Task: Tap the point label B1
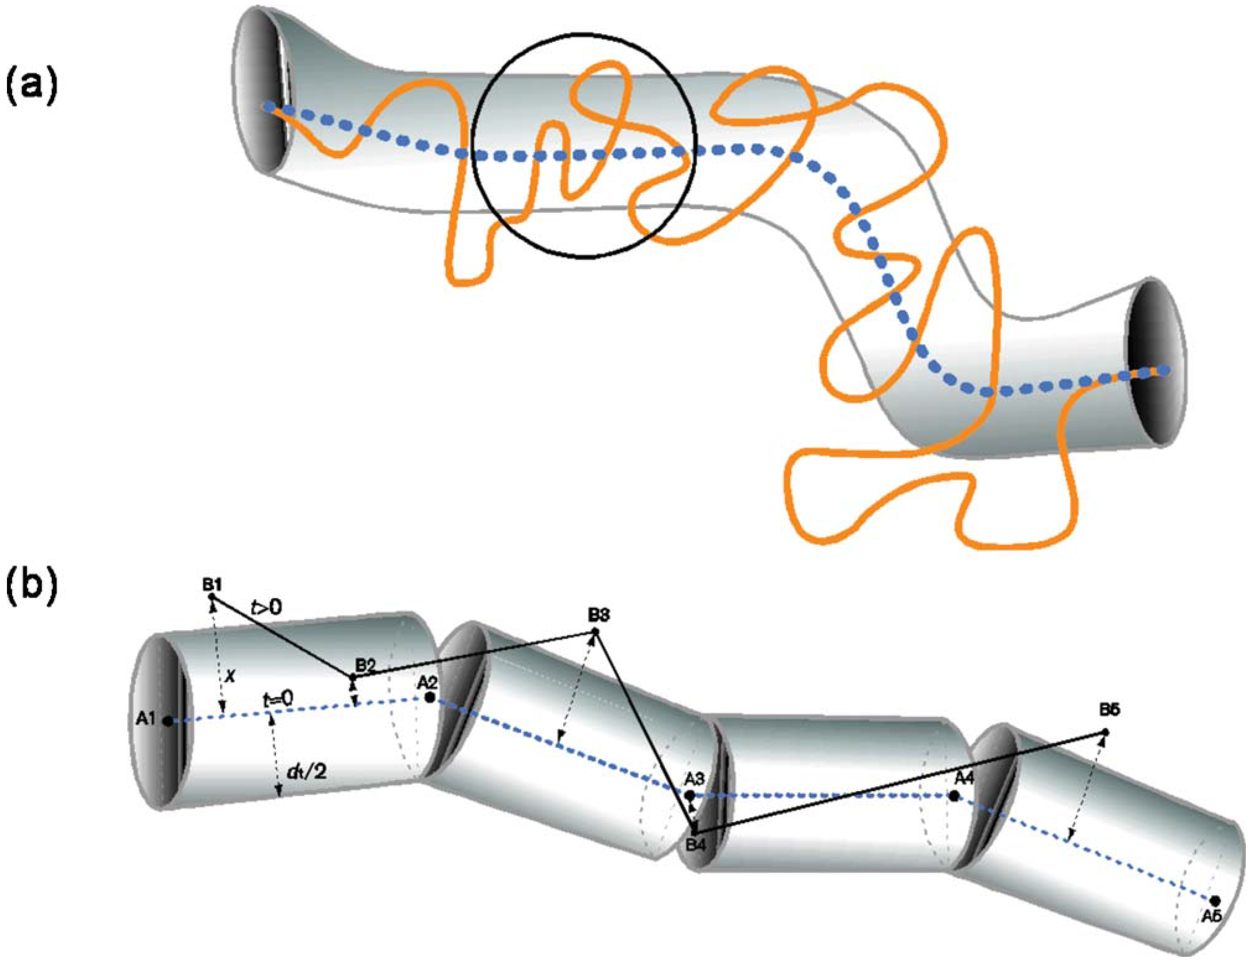[x=212, y=585]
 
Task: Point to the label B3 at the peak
[x=598, y=615]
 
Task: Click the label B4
[x=695, y=845]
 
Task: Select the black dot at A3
[x=690, y=795]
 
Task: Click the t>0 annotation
[x=267, y=606]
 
